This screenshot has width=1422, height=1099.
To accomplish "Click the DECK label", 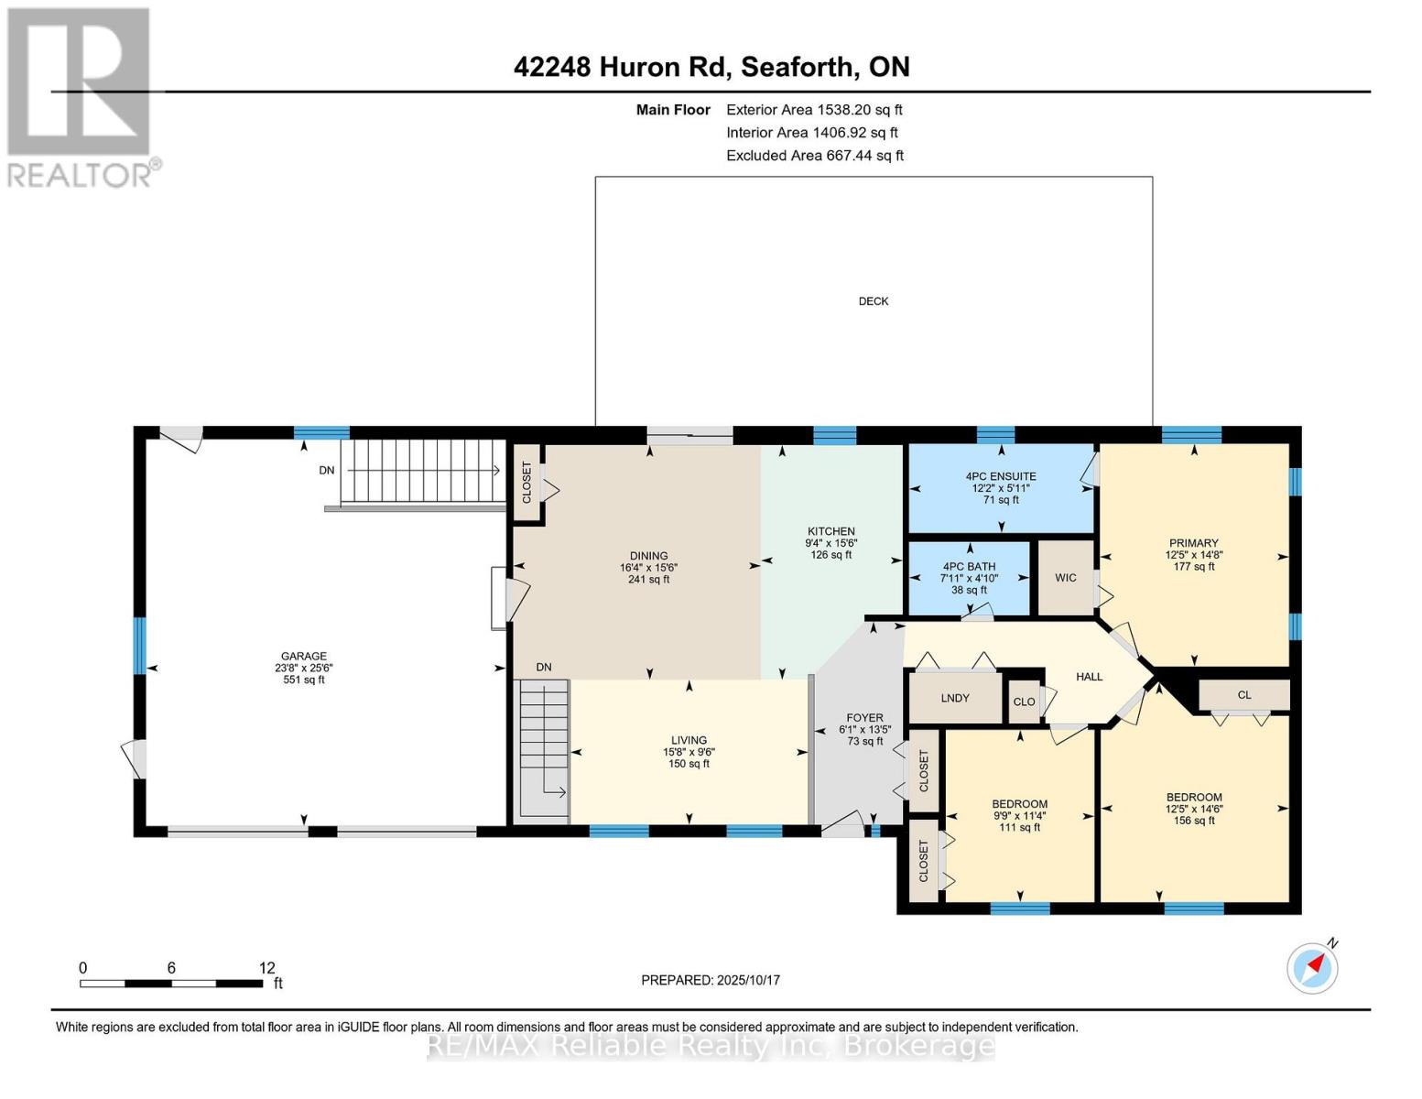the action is pyautogui.click(x=873, y=301).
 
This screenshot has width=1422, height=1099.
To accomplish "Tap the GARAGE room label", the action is pyautogui.click(x=304, y=656).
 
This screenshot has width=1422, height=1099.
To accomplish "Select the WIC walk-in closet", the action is pyautogui.click(x=1065, y=577).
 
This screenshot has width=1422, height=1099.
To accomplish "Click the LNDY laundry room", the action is pyautogui.click(x=955, y=698).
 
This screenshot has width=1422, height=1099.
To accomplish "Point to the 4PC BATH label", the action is pyautogui.click(x=969, y=566).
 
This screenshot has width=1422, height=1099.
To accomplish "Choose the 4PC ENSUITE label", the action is pyautogui.click(x=1001, y=476).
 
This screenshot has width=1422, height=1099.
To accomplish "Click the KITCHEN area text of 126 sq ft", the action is pyautogui.click(x=831, y=554).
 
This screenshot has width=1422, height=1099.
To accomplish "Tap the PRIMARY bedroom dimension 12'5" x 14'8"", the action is pyautogui.click(x=1194, y=554).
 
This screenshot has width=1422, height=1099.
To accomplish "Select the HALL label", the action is pyautogui.click(x=1089, y=677).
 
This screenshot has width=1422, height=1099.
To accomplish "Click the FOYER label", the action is pyautogui.click(x=864, y=717).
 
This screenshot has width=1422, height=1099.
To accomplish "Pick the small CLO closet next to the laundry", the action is pyautogui.click(x=1024, y=702).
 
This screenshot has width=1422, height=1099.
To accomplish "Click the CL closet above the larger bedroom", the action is pyautogui.click(x=1244, y=695).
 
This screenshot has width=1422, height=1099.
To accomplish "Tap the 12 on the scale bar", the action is pyautogui.click(x=266, y=967).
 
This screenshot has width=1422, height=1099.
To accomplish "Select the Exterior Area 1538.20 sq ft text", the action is pyautogui.click(x=814, y=110).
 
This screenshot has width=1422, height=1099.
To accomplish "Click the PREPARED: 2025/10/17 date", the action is pyautogui.click(x=711, y=980).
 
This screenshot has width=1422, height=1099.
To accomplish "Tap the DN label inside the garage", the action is pyautogui.click(x=327, y=470).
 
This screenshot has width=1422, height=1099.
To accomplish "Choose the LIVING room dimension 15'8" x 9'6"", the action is pyautogui.click(x=689, y=752).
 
